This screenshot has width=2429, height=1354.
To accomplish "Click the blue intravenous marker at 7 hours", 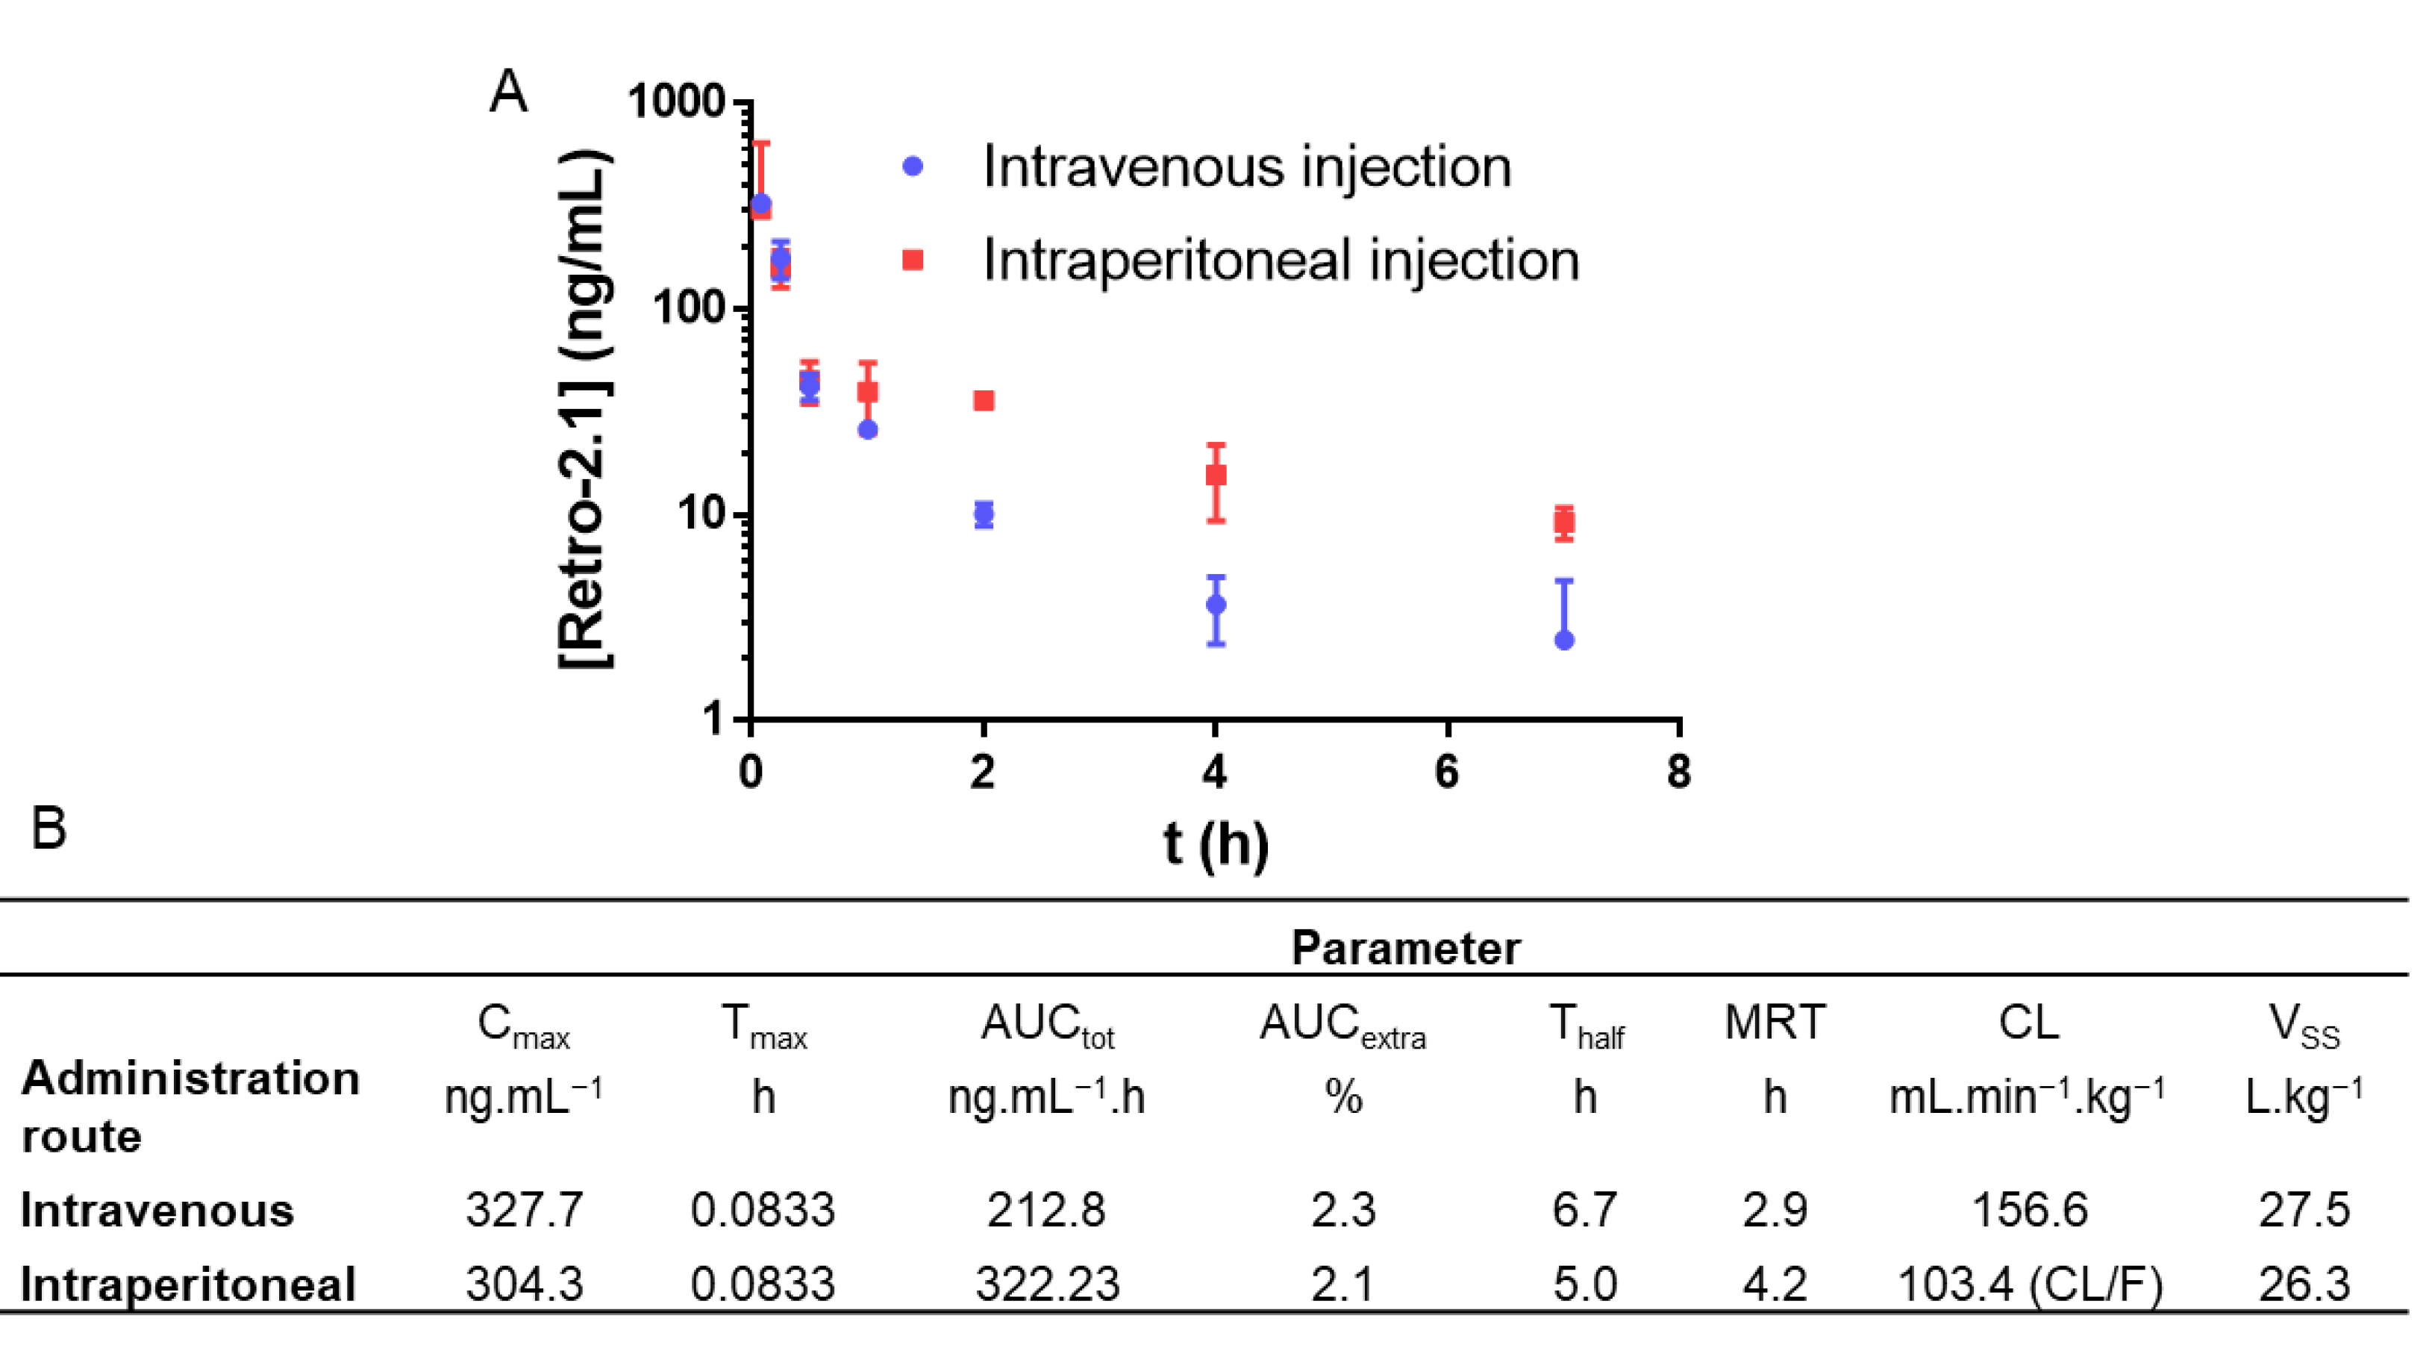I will click(1563, 640).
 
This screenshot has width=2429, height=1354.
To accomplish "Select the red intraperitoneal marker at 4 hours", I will click(1216, 474).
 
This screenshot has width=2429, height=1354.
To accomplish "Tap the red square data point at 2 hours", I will click(984, 401).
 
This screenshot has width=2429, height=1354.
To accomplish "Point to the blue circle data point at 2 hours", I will click(984, 514).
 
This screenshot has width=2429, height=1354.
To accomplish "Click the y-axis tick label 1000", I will click(675, 101).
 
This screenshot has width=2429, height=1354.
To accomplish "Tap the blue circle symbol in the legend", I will click(912, 167).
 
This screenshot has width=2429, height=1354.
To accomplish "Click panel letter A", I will click(508, 93).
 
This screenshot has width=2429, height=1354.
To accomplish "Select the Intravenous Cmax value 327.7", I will click(525, 1210).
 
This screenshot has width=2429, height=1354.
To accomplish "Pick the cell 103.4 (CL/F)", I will click(2028, 1285).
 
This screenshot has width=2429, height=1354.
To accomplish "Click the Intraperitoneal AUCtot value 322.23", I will click(1047, 1285).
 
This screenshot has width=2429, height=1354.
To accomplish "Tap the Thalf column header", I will click(1585, 1026).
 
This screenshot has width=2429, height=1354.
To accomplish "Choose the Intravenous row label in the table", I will click(157, 1210).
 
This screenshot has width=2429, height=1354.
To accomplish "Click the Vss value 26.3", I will click(2303, 1285).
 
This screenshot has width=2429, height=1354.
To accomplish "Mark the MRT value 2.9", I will click(1774, 1210).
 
